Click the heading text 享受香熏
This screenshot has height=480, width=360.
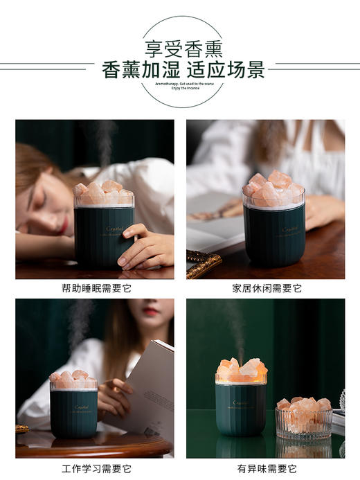[x=179, y=48]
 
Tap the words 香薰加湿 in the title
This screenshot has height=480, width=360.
[x=141, y=69]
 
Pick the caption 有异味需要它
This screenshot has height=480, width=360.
[x=267, y=468]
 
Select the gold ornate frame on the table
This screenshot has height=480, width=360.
[x=204, y=264]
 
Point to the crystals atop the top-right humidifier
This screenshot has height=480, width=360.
[x=273, y=187]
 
